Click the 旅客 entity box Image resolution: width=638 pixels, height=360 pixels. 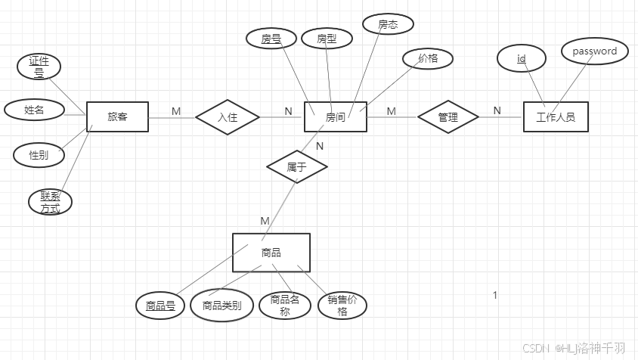click(117, 117)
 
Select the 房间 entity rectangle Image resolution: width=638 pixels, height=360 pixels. click(335, 117)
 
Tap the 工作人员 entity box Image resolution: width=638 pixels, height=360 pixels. click(555, 117)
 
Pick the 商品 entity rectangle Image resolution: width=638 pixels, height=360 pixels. click(271, 253)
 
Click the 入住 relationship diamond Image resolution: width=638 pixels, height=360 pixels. click(227, 117)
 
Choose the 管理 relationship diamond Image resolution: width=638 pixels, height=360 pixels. click(448, 117)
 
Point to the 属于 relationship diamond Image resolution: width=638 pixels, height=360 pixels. click(296, 167)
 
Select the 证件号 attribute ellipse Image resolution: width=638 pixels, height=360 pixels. click(39, 67)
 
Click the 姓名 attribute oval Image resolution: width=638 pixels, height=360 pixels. click(34, 110)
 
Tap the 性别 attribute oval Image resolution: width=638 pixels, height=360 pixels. click(39, 154)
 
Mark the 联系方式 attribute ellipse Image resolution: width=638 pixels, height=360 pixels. click(51, 202)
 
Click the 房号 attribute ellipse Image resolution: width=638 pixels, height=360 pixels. click(271, 38)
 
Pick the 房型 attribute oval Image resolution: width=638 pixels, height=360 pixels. click(326, 38)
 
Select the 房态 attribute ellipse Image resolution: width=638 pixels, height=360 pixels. click(388, 24)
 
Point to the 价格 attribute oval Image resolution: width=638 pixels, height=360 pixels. click(427, 57)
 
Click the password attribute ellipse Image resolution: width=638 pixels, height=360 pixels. click(594, 51)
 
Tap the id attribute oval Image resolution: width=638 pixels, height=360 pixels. click(522, 58)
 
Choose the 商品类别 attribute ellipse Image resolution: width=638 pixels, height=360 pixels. click(221, 306)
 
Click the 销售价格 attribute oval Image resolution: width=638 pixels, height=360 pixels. click(342, 306)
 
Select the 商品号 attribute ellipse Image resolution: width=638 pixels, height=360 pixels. click(160, 306)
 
